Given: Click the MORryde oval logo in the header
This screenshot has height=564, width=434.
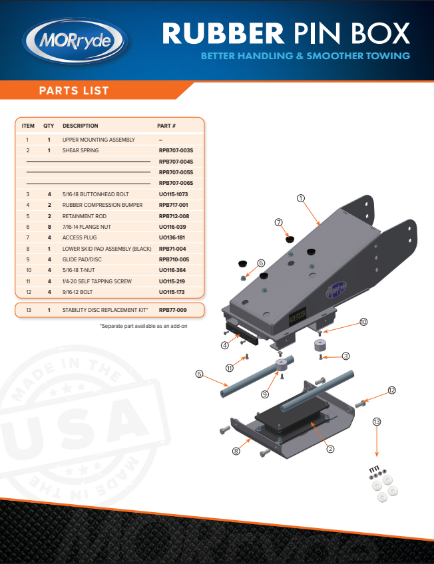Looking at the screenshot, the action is pos(75,41).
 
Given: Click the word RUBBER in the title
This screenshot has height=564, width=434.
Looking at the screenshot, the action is pos(223,33).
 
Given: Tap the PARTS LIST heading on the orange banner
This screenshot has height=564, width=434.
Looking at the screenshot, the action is pos(74,90).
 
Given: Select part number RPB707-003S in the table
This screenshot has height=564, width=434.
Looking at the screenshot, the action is pos(176,150).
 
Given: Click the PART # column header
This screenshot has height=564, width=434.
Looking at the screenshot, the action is pos(166,126).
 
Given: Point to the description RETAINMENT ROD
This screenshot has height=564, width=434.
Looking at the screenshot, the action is pos(85,216).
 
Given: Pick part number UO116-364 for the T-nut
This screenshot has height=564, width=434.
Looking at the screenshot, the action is pos(172,270).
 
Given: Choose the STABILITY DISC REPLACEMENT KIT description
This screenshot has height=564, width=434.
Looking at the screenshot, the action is pos(105,310).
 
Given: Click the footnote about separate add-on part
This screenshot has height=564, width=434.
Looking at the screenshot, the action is pos(144,327).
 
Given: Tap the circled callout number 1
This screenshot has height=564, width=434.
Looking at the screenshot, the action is pos(301,198).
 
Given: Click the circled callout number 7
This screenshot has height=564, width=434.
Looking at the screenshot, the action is pos(278,222).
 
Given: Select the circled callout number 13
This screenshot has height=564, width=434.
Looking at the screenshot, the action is pos(377,422).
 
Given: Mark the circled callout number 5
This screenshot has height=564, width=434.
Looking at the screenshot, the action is pos(200,374).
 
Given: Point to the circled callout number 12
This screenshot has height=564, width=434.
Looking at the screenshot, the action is pos(392,390).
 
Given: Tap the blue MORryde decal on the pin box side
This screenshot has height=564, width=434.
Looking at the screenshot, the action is pos(336,289).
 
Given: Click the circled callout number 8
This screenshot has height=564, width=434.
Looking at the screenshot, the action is pos(236,451).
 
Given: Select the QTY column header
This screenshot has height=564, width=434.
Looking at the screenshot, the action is pos(49,126).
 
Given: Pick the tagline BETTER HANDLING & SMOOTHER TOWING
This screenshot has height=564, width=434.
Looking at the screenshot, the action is pos(306,56).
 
